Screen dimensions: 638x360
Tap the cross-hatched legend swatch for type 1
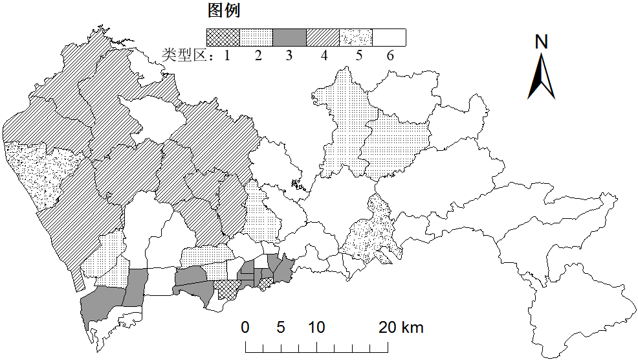[223, 38]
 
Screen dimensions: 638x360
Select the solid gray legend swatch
[289, 38]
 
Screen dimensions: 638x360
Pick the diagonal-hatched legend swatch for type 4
[322, 38]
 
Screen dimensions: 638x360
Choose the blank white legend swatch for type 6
[389, 38]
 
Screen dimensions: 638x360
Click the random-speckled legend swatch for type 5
[356, 38]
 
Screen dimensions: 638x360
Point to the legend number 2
[258, 56]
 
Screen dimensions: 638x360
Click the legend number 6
[390, 56]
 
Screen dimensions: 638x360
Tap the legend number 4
[324, 56]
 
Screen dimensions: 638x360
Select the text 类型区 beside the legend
[185, 56]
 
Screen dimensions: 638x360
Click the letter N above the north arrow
[542, 42]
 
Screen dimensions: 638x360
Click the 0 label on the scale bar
[245, 328]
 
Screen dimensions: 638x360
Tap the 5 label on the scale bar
[280, 328]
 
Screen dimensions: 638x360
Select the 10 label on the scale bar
[316, 328]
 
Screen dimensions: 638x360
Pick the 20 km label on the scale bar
[401, 328]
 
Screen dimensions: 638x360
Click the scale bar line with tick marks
[317, 350]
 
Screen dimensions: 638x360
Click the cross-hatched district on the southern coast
[226, 289]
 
